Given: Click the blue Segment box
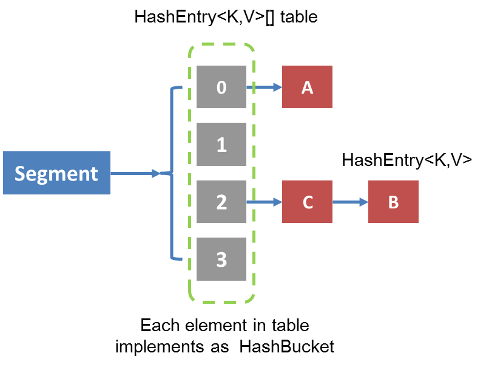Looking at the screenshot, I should coord(56,173).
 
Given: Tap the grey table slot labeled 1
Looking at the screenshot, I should coord(221,145).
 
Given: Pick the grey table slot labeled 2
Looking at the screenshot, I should coord(221,202).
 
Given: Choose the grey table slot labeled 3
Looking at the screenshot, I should coord(221,259).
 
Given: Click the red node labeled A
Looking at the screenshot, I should coord(307,87).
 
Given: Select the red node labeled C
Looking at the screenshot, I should coord(307,202).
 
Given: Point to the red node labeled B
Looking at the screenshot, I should coord(393,202).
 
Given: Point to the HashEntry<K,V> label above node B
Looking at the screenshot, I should coord(407,160).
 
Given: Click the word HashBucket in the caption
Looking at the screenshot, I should coord(287,346).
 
